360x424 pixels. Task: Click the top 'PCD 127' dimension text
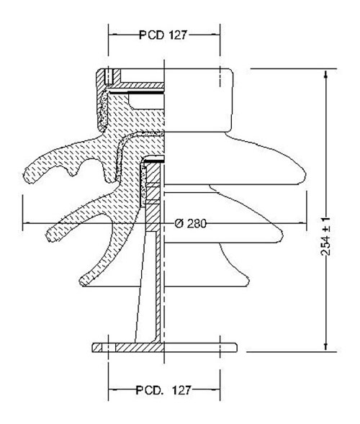(x=163, y=35)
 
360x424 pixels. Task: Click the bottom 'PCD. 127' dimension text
(x=163, y=390)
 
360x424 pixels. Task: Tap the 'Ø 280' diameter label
(x=190, y=223)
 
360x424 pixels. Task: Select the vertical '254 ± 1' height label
(x=325, y=236)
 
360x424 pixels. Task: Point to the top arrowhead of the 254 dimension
(x=325, y=73)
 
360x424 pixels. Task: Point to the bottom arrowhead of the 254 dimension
(x=325, y=347)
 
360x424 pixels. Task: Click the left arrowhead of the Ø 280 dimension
(x=27, y=223)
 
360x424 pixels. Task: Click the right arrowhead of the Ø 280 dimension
(x=302, y=223)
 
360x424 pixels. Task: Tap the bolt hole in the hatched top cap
(x=109, y=76)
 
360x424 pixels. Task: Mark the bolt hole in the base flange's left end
(x=109, y=348)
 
